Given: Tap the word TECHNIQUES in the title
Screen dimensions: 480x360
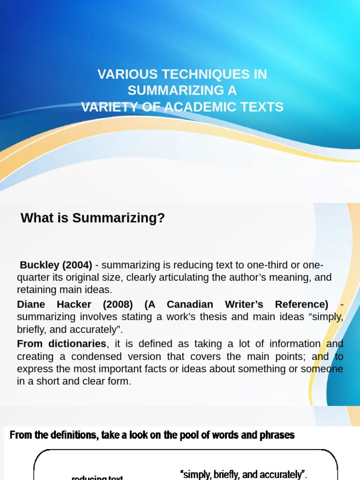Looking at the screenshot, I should pos(202,75).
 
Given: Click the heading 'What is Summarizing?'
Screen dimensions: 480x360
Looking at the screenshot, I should pos(93,218).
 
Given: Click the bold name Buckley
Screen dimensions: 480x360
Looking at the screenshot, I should pos(39,265).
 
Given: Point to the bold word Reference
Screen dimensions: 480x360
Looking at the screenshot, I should pos(302,304).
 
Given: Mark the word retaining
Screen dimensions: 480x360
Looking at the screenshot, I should pos(37,290).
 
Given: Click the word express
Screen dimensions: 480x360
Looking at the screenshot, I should pos(34,369).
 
